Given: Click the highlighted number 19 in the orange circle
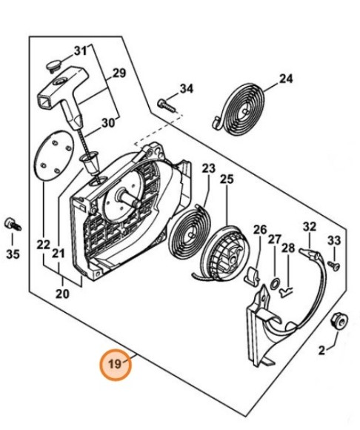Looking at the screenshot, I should click(116, 365).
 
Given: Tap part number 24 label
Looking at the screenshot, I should click(286, 78).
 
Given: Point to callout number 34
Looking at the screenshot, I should click(186, 89).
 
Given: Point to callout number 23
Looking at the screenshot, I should click(207, 168).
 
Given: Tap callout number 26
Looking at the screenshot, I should click(259, 229).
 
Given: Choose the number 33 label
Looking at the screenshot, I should click(334, 239).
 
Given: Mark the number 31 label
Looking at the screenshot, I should click(81, 50).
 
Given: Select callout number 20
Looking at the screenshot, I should click(62, 294).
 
